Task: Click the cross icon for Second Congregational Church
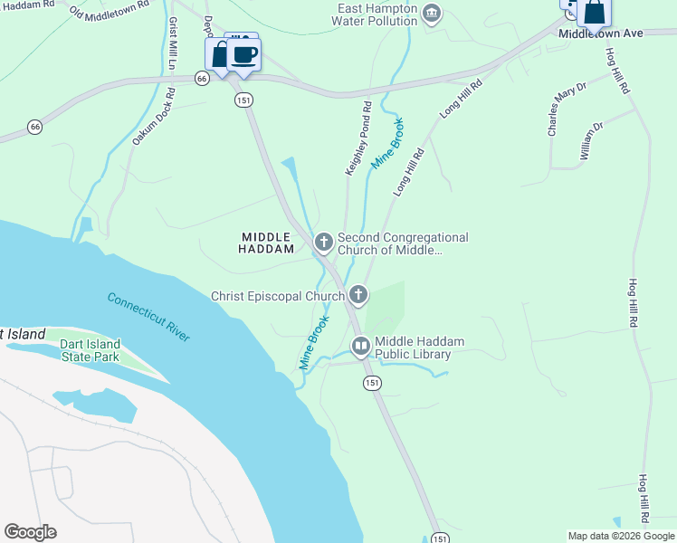(323, 242)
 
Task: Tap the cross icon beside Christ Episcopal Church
(358, 295)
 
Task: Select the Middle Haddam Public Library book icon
(360, 347)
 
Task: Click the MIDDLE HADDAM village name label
(268, 242)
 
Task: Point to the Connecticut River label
(148, 316)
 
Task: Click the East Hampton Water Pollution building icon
(432, 14)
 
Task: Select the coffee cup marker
(243, 55)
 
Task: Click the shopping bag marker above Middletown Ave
(596, 13)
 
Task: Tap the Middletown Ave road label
(600, 33)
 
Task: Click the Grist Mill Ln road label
(171, 39)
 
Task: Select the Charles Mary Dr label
(567, 109)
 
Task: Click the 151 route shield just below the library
(373, 384)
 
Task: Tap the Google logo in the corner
(30, 532)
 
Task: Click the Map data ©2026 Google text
(621, 536)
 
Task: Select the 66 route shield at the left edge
(33, 126)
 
